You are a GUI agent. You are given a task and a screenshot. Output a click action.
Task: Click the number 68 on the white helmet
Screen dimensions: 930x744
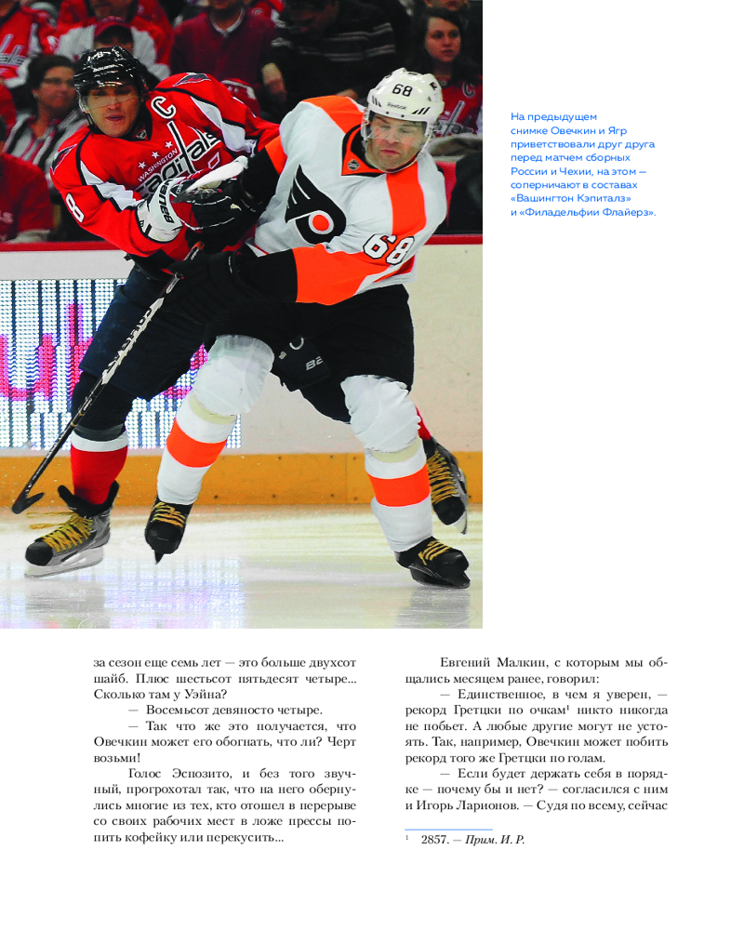(x=402, y=90)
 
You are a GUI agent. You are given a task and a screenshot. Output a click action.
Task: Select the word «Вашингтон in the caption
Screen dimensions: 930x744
(x=550, y=198)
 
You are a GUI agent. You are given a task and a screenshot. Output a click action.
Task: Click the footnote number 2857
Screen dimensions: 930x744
(x=434, y=840)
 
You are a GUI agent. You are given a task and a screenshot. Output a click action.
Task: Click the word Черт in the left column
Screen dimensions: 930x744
(x=339, y=741)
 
